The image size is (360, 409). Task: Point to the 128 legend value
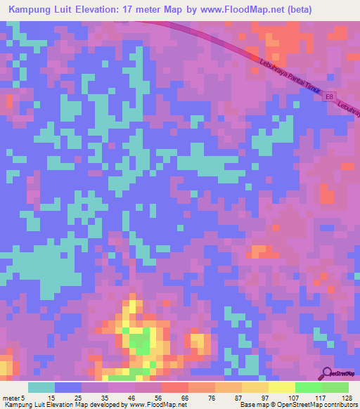pos(345,397)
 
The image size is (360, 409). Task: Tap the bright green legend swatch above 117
pos(309,387)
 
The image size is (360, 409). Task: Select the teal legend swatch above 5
pos(41,387)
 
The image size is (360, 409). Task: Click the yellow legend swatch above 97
pos(255,387)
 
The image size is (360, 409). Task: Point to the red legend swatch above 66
pos(175,387)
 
